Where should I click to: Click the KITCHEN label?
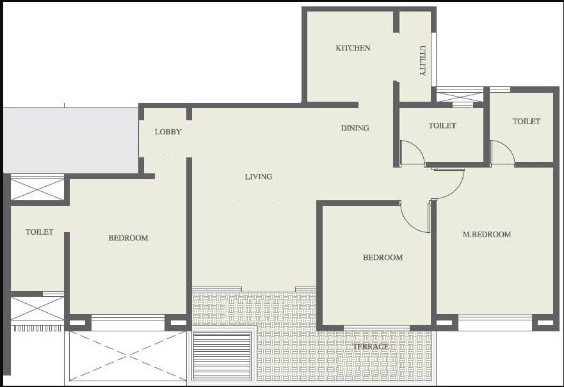click(353, 48)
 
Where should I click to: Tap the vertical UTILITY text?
click(423, 61)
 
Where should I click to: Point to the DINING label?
click(355, 128)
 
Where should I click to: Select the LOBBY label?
click(168, 132)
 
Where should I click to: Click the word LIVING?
click(259, 177)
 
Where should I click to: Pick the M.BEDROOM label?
click(487, 234)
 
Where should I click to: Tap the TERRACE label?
click(371, 347)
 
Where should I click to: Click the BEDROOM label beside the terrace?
click(383, 258)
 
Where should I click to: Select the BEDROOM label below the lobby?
click(128, 238)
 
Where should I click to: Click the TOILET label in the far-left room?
click(40, 232)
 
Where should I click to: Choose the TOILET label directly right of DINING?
click(442, 125)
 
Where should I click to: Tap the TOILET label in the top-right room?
click(526, 121)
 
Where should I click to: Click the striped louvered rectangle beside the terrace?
click(222, 356)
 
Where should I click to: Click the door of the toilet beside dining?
click(412, 154)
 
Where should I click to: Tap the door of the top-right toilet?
click(503, 154)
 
